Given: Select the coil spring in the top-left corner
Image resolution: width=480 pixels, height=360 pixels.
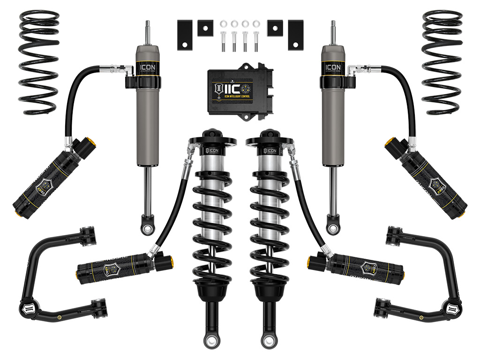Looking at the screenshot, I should click(x=39, y=61).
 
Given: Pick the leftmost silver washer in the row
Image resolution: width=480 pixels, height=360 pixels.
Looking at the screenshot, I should click(x=222, y=23).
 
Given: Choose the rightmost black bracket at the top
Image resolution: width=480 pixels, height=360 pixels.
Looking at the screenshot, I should click(x=296, y=35).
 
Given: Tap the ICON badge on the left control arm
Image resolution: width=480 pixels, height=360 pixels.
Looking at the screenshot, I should click(x=24, y=309).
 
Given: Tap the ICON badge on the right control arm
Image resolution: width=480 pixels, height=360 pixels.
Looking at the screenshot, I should click(x=456, y=309).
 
